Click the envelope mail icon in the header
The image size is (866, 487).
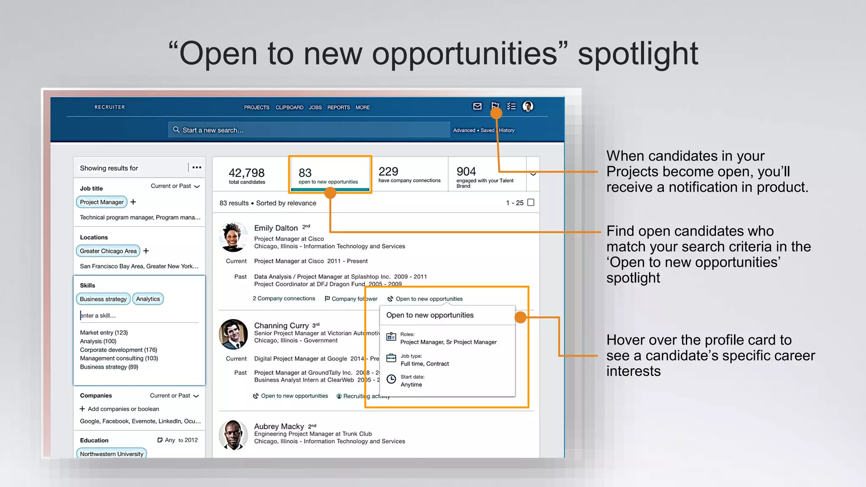pos(477,107)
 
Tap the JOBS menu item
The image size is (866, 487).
pos(315,107)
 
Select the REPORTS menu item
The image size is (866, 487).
pos(338,107)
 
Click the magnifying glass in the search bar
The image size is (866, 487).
pos(176,130)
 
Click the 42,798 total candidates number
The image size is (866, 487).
pos(247,173)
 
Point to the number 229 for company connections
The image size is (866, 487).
pos(388,171)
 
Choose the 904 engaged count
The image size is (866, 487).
pos(466,171)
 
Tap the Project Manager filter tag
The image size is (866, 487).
pos(101,202)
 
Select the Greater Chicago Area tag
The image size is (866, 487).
pos(108,251)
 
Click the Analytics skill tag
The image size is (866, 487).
pos(148,299)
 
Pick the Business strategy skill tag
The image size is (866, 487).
pos(103,299)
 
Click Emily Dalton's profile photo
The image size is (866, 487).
pos(233,237)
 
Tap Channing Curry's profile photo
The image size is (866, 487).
pos(233,334)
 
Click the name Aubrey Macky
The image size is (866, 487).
pos(279,426)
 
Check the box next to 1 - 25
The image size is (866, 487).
pos(531,202)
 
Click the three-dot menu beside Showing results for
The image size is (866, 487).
pos(197,167)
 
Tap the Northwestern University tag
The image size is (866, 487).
pos(112,454)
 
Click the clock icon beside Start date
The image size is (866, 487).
pos(392,379)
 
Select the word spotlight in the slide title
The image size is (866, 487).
pos(638,54)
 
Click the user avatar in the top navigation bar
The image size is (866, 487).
pos(528,107)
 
